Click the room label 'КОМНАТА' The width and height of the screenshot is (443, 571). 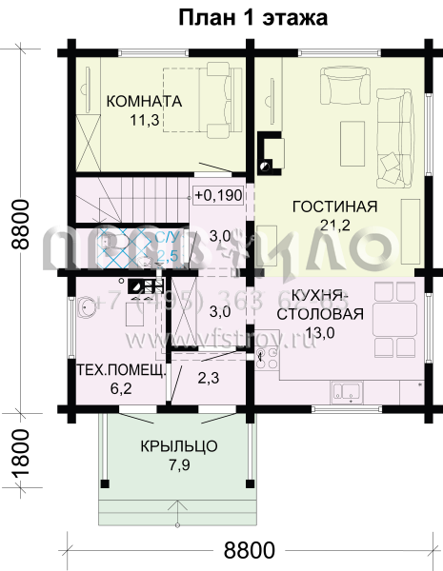pos(144,102)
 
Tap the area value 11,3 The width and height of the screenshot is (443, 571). pos(144,120)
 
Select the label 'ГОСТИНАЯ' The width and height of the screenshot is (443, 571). pos(334,207)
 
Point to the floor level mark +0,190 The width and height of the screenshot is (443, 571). pos(219,195)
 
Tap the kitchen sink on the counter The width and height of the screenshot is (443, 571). pos(344,389)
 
